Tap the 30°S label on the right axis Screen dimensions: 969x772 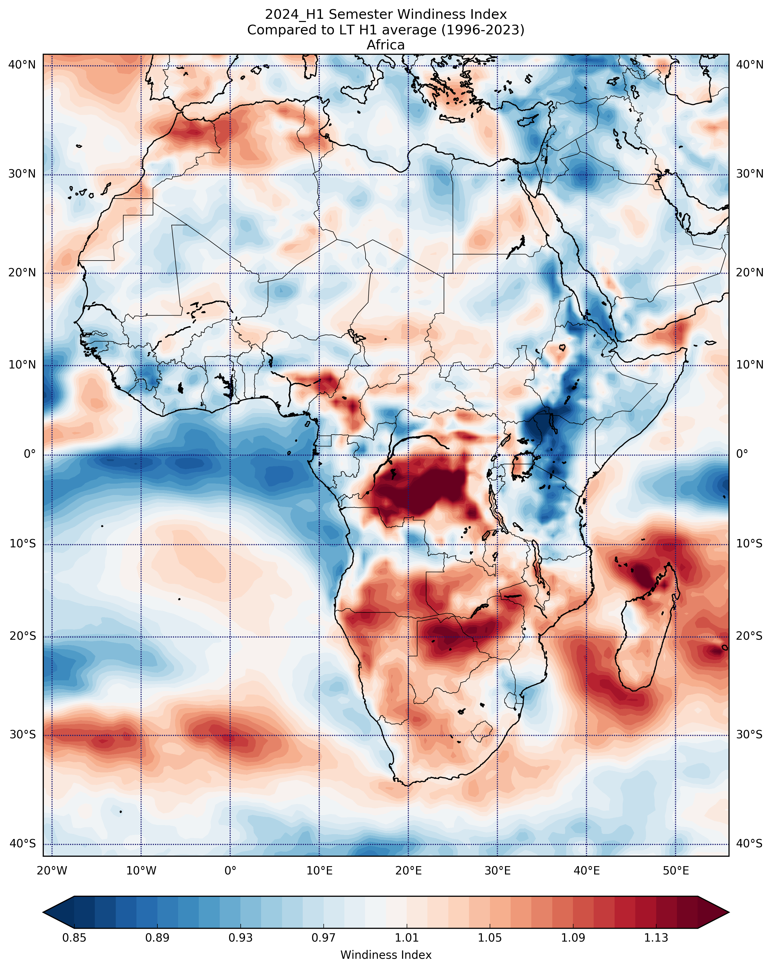tap(749, 734)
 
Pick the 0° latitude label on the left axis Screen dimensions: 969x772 tap(30, 454)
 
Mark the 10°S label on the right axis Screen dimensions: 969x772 tap(749, 544)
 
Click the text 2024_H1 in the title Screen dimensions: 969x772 tap(295, 15)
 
